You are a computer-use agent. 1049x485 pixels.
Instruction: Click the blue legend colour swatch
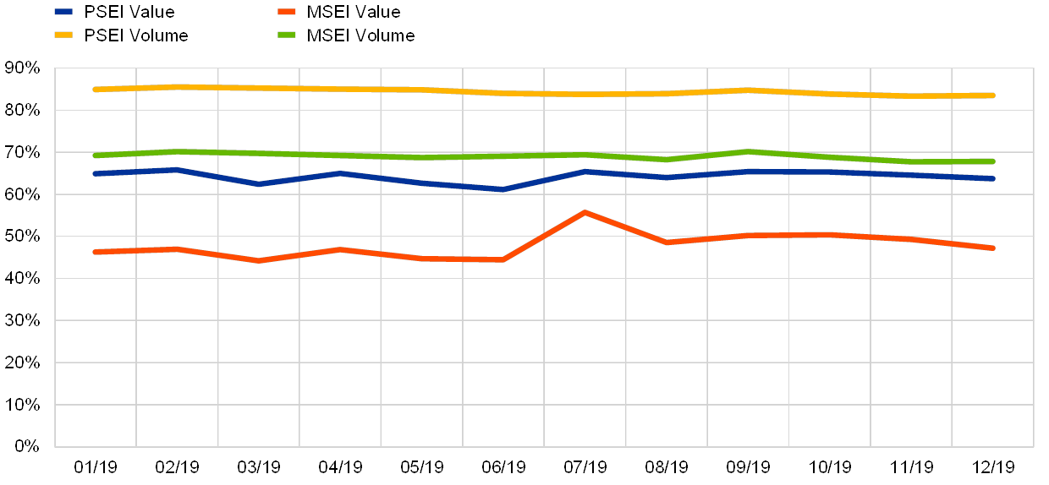[x=64, y=12]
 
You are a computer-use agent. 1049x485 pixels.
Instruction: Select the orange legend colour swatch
[x=287, y=12]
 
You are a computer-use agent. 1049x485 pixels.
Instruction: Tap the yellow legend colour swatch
[x=64, y=35]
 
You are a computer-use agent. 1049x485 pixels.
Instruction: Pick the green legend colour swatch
[x=287, y=35]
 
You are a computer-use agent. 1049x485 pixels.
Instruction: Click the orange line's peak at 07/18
[x=585, y=212]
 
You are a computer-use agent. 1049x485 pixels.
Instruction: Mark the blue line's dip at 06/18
[x=503, y=189]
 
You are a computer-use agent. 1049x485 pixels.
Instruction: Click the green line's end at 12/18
[x=993, y=161]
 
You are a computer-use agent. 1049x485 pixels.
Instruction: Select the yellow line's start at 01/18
[x=96, y=89]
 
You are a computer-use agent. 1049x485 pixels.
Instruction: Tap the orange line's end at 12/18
[x=993, y=248]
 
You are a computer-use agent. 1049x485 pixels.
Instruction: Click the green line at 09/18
[x=749, y=151]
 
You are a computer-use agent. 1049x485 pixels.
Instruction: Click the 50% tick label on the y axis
[x=24, y=236]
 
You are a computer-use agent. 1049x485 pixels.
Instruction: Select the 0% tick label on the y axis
[x=27, y=446]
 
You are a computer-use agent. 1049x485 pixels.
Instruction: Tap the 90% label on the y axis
[x=24, y=68]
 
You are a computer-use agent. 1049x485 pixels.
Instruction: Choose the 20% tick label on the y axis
[x=24, y=362]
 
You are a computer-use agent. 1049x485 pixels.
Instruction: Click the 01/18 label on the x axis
[x=96, y=466]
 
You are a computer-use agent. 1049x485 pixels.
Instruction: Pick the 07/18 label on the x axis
[x=585, y=466]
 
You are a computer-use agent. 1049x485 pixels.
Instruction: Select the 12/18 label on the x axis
[x=993, y=466]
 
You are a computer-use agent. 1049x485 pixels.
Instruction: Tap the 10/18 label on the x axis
[x=830, y=466]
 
